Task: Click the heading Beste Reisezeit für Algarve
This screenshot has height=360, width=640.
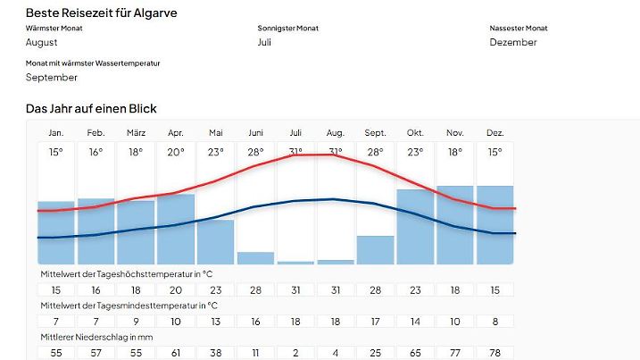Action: pos(101,13)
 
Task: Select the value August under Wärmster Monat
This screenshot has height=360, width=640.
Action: pos(42,42)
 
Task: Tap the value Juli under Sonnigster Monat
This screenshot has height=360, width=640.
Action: pos(264,42)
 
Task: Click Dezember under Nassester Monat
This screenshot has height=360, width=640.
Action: pos(513,42)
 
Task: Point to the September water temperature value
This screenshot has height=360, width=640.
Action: pos(52,77)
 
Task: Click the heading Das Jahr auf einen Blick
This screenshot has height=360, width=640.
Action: pos(91,109)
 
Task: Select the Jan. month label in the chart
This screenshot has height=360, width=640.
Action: pos(55,133)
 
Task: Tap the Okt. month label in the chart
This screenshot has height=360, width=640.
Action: pos(415,133)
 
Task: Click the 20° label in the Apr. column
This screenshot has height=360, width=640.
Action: pos(176,152)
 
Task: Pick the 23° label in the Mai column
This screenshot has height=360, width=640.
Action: pos(216,152)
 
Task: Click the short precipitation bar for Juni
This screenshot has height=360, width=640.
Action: pos(255,258)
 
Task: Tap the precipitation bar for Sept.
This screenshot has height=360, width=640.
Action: pos(375,250)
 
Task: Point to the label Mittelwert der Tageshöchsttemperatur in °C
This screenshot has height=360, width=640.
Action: pos(126,273)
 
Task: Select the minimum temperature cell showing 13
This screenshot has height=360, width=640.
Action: pos(216,321)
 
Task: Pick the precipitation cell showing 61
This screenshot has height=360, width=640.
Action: pos(176,353)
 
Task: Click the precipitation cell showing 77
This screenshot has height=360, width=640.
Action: pos(455,353)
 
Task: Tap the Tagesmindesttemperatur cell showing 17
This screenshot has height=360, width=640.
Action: pos(375,321)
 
